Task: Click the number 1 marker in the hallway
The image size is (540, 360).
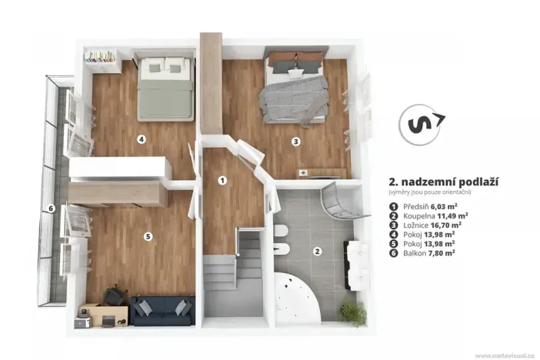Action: coord(222,180)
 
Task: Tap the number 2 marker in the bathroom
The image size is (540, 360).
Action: coord(317,251)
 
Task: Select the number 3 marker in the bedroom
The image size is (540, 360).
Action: coord(295,142)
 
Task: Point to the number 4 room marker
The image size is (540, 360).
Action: coord(141,139)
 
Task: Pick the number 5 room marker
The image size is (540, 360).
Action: coord(148,236)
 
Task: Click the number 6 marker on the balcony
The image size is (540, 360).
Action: coord(51,208)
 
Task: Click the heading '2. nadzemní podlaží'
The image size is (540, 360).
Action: coord(444,182)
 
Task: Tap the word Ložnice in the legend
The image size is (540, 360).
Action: coord(415,225)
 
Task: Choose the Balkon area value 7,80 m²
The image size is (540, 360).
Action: coord(442,253)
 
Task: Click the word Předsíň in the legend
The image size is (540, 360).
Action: coord(415,207)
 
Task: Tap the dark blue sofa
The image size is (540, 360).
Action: coord(162,311)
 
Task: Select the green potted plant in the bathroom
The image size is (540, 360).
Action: coord(352,311)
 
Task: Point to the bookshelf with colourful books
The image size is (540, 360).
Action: coord(102,61)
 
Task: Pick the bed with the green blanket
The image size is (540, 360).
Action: coord(165,88)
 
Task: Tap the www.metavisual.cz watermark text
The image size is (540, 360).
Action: coord(505,355)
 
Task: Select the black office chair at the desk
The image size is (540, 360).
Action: coord(114,296)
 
